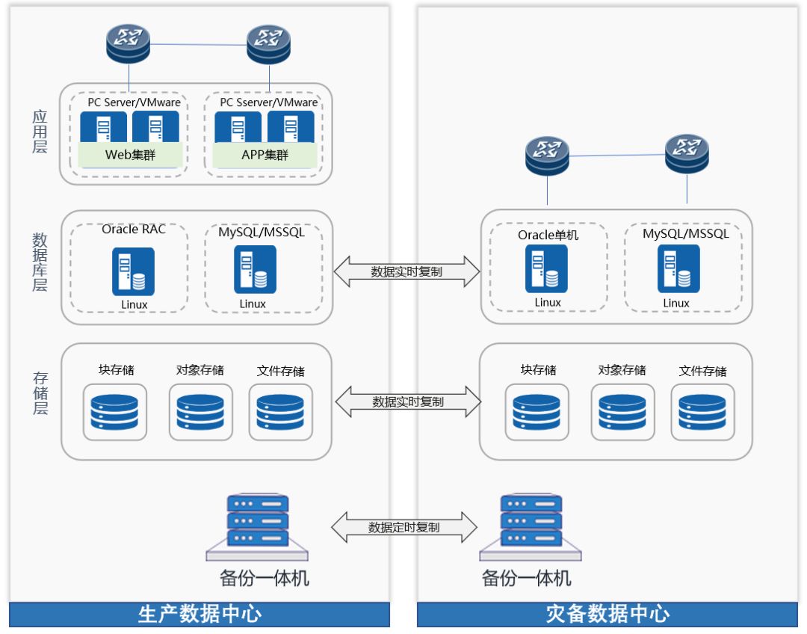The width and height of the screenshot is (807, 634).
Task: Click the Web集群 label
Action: point(131,156)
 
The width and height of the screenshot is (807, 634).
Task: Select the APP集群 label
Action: point(265,156)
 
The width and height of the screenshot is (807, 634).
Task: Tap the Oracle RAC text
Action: point(134,229)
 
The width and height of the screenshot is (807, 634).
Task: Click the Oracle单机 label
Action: point(548,235)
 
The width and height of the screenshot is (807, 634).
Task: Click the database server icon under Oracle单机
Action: point(546,268)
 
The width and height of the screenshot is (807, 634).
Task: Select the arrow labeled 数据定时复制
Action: point(404,527)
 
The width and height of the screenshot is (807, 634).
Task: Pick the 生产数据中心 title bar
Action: point(200,615)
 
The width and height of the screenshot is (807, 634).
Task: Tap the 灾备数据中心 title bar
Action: point(607,615)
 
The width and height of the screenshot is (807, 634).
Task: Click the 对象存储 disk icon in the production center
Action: point(200,412)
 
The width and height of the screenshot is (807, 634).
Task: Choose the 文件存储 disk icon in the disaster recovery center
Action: point(702,412)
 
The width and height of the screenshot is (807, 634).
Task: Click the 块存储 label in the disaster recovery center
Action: point(538,369)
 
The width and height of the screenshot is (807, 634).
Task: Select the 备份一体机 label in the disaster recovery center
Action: point(526,578)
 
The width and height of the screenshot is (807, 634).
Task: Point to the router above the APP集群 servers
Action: point(268,44)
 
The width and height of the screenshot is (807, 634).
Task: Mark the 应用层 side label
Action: point(40,132)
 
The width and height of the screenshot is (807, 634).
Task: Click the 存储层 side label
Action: point(40,392)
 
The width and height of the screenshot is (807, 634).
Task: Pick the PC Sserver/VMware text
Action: point(269,102)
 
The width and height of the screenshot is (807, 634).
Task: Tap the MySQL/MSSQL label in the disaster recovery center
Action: point(685,233)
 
